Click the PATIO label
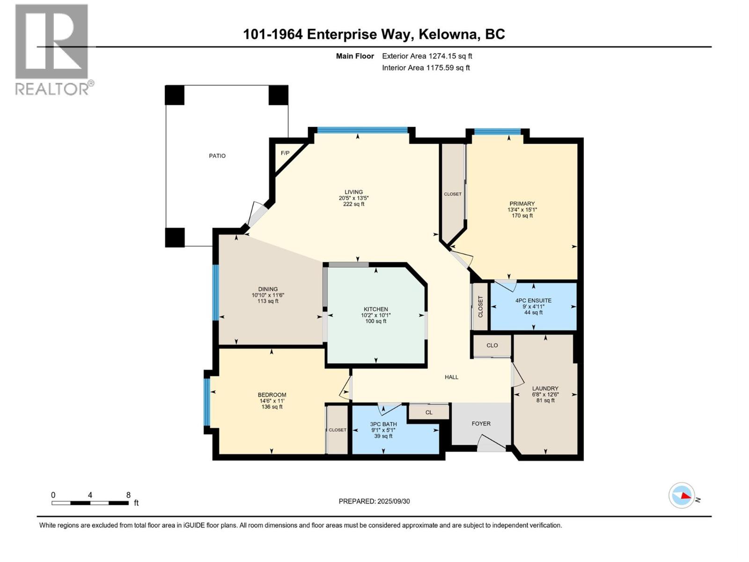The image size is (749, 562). pos(217,156)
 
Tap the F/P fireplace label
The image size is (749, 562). pos(285,153)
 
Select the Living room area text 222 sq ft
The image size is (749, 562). pos(353,204)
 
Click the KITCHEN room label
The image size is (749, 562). pos(376,309)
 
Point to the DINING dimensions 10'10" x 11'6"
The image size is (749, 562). pos(268,295)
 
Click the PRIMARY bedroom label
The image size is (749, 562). pos(522,204)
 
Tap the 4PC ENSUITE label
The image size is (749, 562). pos(533,301)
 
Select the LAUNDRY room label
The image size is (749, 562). pos(545,388)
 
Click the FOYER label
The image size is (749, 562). pos(481,423)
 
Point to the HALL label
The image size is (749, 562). pos(451,377)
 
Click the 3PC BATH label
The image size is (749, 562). pos(383,424)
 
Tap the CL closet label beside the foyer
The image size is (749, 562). pos(429,413)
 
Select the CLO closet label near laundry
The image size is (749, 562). pos(492,346)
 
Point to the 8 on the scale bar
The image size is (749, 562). pos(128,495)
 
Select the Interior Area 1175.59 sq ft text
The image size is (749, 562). pos(426,68)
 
